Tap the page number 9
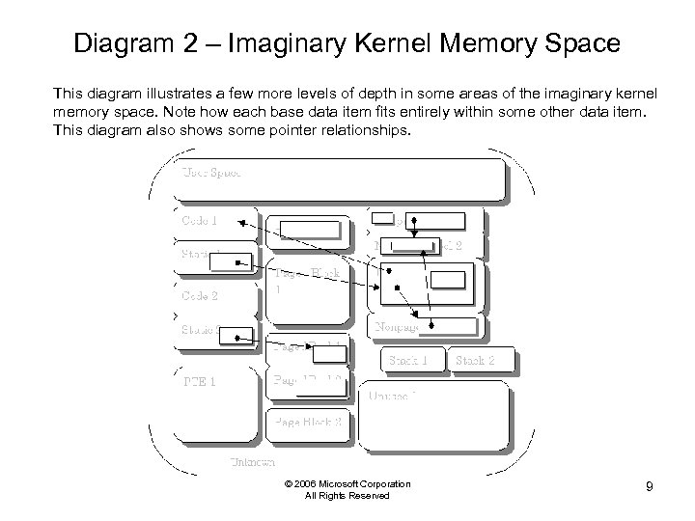[x=650, y=487]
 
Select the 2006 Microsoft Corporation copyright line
[x=347, y=483]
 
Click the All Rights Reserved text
[x=347, y=496]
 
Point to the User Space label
[x=211, y=172]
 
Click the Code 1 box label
[x=200, y=219]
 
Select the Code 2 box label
[x=200, y=295]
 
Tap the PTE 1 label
[x=199, y=380]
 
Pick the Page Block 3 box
[x=307, y=422]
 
